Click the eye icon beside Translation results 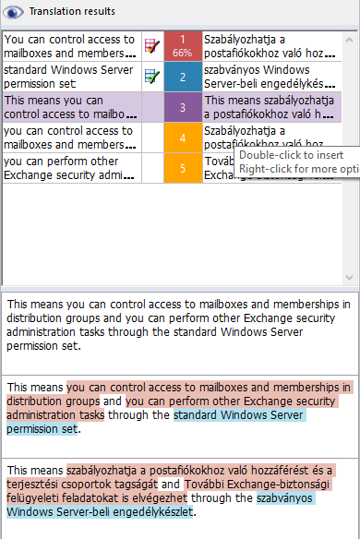point(14,11)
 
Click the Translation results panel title point(73,11)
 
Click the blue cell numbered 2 point(183,77)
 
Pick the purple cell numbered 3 point(183,107)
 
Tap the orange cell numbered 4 point(183,138)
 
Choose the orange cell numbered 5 point(183,168)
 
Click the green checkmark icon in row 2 point(152,77)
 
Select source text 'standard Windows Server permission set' point(70,77)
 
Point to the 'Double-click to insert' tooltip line point(290,154)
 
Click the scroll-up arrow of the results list point(352,37)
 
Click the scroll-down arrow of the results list point(352,277)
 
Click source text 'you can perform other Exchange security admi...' point(70,168)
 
